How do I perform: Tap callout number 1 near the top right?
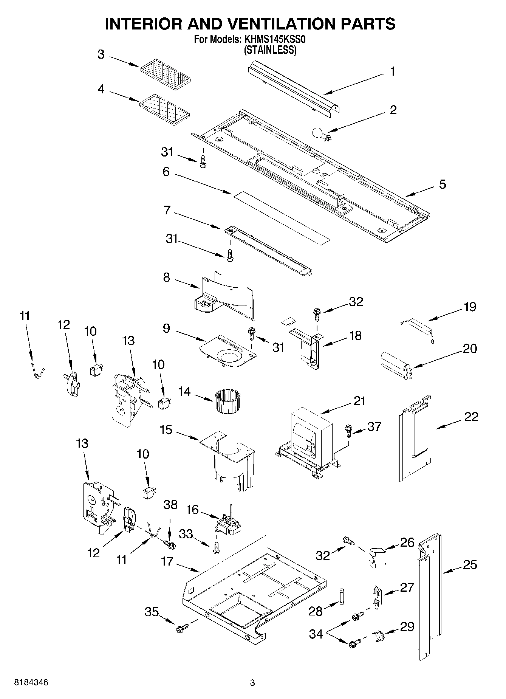coord(392,71)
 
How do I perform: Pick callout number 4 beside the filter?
coord(101,89)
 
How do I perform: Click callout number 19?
coord(470,307)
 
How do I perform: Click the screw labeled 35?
coord(181,629)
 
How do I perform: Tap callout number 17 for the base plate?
coord(167,561)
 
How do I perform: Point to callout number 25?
coord(470,565)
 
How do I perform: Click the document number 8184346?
coord(32,682)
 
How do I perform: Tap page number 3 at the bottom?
coord(252,683)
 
